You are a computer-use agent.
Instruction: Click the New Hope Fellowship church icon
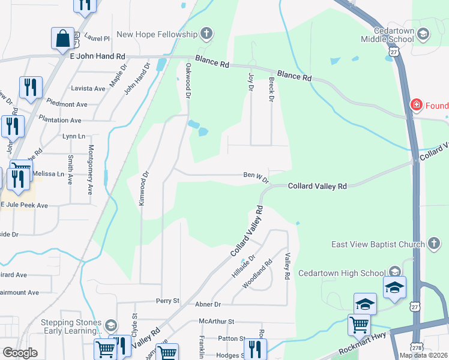[x=206, y=34]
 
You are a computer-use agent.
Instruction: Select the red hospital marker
[x=415, y=106]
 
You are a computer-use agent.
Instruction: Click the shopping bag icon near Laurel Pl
[x=62, y=39]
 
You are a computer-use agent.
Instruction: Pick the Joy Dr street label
[x=251, y=82]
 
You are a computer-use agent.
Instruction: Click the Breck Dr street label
[x=271, y=89]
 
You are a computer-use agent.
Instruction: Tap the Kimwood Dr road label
[x=143, y=190]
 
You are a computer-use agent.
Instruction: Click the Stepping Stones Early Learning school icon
[x=110, y=326]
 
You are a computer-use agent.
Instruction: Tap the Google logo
[x=20, y=353]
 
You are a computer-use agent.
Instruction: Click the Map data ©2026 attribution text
[x=423, y=355]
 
